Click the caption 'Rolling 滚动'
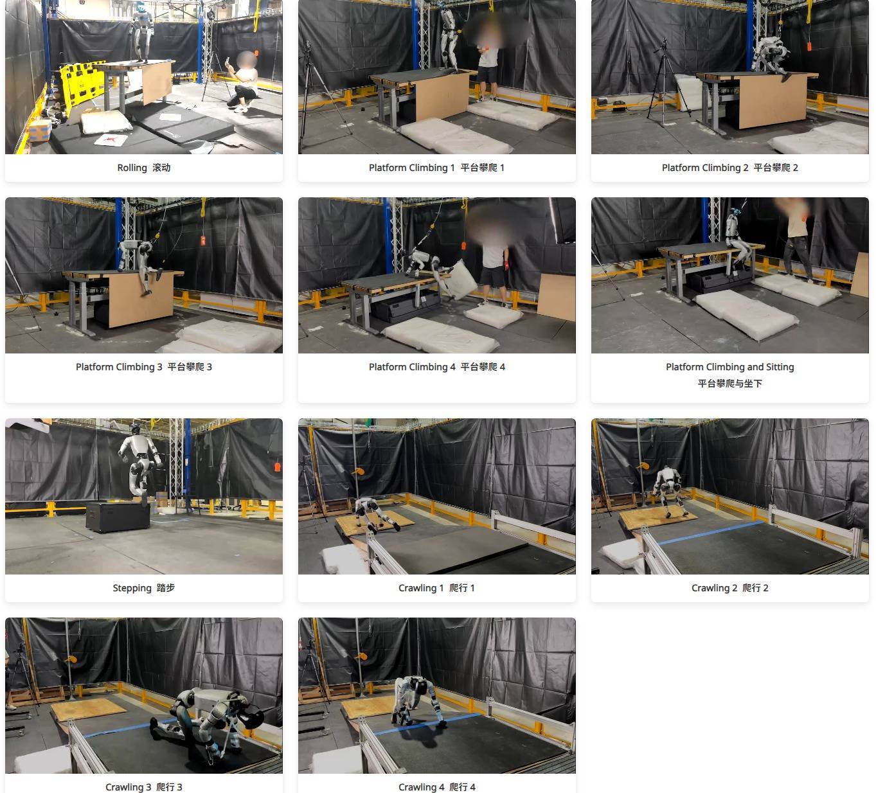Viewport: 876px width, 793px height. [144, 168]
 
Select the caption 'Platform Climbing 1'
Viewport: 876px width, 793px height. [411, 168]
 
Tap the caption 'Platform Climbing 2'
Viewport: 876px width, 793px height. [705, 168]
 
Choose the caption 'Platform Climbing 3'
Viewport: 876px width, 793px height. [119, 367]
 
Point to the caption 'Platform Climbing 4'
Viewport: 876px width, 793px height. [412, 367]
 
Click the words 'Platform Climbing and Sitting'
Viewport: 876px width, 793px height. [729, 367]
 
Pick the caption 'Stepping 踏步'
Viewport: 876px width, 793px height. [144, 588]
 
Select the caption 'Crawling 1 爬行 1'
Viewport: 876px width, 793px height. [436, 588]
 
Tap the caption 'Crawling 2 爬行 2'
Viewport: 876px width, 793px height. [729, 588]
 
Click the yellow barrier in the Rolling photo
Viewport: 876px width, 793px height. [82, 82]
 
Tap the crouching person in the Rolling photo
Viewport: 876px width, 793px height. [243, 82]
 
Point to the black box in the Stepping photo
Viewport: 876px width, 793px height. [118, 517]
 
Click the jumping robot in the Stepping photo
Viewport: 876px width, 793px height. [141, 463]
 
